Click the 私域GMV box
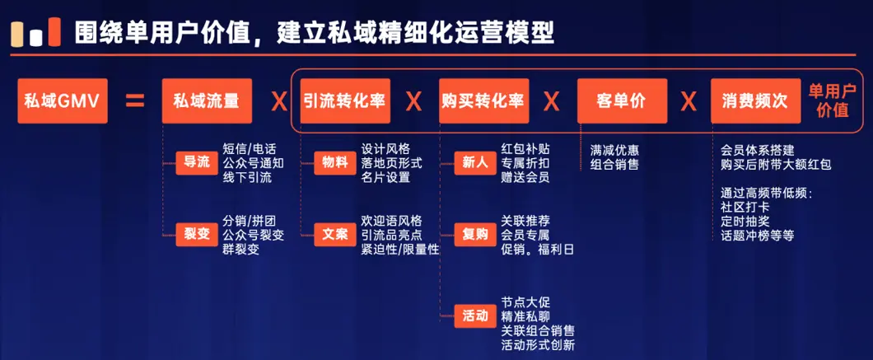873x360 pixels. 63,101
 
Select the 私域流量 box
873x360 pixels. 207,101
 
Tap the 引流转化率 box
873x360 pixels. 344,101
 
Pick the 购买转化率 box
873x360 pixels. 483,101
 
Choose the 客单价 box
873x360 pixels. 622,101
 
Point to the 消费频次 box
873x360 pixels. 755,101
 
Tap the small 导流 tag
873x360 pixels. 197,163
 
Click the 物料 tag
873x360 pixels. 334,163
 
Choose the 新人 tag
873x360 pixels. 475,163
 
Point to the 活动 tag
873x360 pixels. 475,316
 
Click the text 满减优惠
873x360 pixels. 614,151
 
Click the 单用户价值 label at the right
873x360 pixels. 833,101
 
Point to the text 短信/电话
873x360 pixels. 249,149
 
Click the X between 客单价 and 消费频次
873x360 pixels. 689,102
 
